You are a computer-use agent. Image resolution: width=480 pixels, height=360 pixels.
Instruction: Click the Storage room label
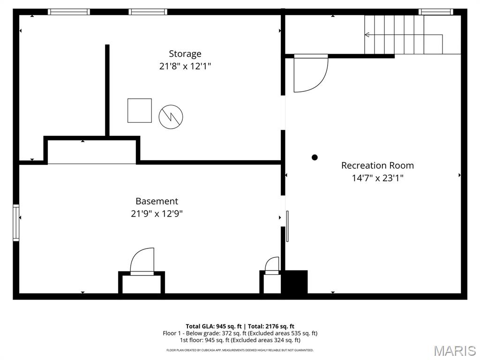tap(185, 54)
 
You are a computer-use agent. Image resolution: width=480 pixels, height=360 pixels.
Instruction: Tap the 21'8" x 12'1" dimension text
tap(185, 67)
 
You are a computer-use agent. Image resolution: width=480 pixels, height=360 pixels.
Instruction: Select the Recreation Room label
tap(377, 165)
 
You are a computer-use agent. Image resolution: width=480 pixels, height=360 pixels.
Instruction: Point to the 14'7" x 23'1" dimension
tap(377, 178)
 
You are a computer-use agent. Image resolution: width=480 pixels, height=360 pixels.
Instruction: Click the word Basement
tap(157, 201)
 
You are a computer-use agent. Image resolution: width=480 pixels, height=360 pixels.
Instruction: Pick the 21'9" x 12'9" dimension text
tap(157, 214)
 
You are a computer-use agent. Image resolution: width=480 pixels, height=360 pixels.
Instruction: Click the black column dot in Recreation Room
tap(315, 157)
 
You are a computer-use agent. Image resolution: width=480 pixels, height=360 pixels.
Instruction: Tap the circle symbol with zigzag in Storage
tap(171, 117)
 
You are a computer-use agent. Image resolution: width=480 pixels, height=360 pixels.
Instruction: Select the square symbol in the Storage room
tap(140, 111)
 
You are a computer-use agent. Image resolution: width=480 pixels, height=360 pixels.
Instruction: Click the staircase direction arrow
tap(367, 35)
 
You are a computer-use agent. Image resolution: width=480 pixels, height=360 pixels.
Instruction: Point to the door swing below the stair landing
tap(309, 74)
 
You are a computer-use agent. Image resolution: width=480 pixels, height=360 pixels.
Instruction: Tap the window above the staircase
tap(435, 12)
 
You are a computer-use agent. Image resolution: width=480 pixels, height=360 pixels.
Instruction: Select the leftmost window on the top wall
tap(69, 12)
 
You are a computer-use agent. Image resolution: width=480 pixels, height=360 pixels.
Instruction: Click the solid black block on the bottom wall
tap(295, 283)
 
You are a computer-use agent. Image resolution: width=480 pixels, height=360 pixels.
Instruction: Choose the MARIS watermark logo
tap(455, 350)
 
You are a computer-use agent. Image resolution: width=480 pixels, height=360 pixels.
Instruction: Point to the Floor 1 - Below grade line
tap(240, 333)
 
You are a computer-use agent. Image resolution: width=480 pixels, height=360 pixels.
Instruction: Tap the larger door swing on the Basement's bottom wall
tap(142, 262)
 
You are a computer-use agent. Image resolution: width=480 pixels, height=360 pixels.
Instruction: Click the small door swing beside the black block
tap(272, 265)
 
